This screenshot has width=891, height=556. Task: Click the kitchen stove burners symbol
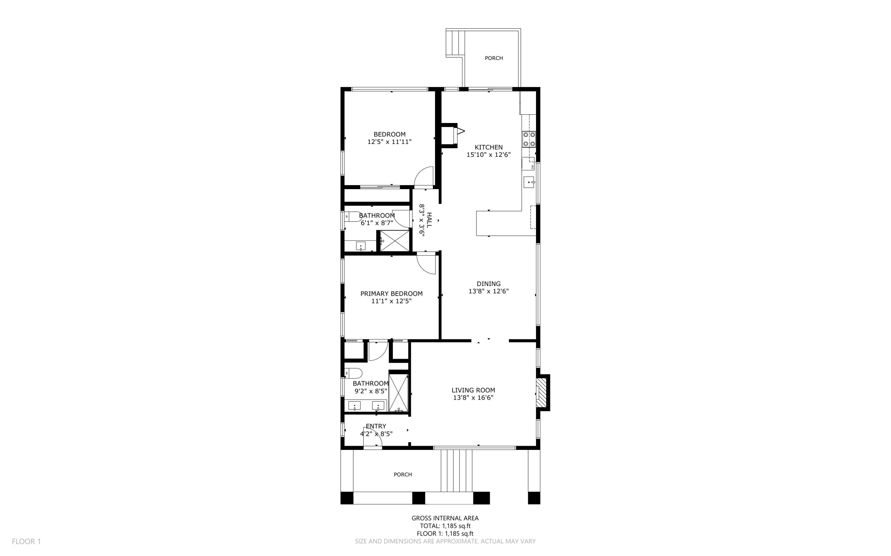[x=529, y=139]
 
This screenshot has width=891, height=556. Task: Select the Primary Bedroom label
[x=391, y=293]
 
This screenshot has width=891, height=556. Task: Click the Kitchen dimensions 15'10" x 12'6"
[x=489, y=154]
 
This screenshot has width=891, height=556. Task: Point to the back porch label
[x=494, y=58]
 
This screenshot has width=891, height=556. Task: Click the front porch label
[x=402, y=474]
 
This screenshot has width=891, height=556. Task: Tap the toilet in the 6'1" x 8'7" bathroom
[x=352, y=216]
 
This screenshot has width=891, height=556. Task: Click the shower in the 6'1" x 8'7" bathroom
[x=395, y=241]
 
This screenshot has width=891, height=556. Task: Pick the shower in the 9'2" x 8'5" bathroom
[x=399, y=393]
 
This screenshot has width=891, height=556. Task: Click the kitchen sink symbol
[x=529, y=182]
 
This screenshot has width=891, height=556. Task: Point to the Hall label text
[x=429, y=220]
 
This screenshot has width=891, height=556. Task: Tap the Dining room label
[x=489, y=283]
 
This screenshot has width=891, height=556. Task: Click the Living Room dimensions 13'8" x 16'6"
[x=473, y=397]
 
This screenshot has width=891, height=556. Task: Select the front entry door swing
[x=372, y=437]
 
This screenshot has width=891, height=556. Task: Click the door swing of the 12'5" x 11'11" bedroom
[x=424, y=176]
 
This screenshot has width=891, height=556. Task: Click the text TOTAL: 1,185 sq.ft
[x=445, y=526]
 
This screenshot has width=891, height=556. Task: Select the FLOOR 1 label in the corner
[x=26, y=541]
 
